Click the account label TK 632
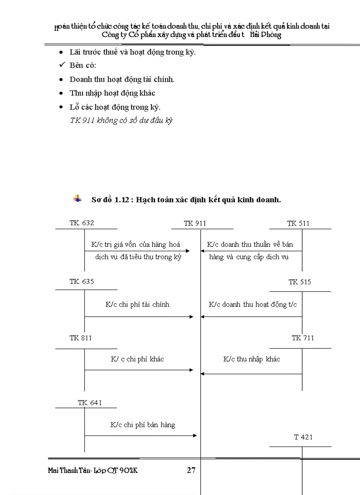(82, 223)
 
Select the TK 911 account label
(195, 223)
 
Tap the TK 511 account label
(298, 223)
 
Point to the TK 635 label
(82, 282)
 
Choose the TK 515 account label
(300, 282)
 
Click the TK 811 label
(81, 338)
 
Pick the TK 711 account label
(303, 338)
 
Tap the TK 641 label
(90, 402)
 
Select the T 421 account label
(303, 437)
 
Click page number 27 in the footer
(191, 470)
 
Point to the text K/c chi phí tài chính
(137, 305)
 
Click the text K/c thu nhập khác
(251, 359)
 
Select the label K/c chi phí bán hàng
(142, 425)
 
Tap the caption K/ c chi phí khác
(137, 359)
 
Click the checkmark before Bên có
(62, 66)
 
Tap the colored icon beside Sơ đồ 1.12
(78, 199)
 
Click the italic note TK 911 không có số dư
(121, 120)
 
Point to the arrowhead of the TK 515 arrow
(202, 317)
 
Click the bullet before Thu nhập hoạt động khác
(61, 93)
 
